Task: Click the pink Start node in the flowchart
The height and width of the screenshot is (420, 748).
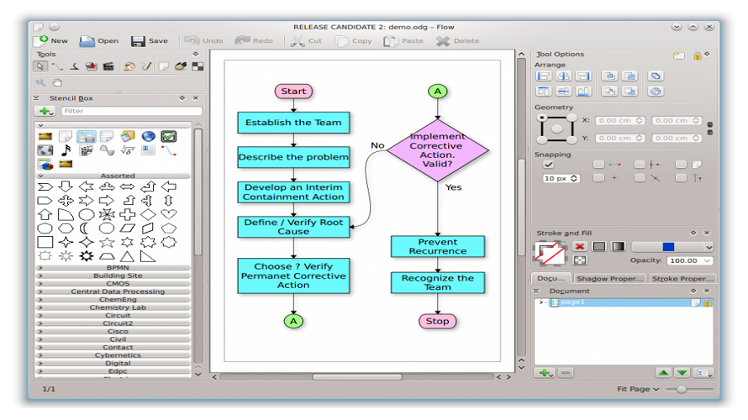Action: tap(293, 91)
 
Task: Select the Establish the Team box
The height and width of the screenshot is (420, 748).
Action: tap(293, 123)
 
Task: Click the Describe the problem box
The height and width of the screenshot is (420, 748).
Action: tap(293, 157)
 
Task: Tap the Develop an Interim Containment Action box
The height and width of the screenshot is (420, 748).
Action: tap(293, 192)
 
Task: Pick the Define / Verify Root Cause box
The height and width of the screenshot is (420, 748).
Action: tap(293, 227)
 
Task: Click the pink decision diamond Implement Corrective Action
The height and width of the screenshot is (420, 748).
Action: tap(437, 150)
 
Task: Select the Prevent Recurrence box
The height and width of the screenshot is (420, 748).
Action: tap(437, 246)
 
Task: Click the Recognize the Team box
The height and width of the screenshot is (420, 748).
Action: tap(437, 282)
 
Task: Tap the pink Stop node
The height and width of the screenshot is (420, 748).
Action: tap(437, 321)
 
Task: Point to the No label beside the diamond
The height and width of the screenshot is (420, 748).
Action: tap(377, 145)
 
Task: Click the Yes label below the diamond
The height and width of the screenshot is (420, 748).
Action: tap(453, 187)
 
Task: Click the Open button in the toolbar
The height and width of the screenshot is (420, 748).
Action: tap(99, 40)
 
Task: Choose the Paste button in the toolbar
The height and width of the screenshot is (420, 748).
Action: tap(404, 40)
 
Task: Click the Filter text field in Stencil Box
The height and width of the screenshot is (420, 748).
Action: tap(131, 111)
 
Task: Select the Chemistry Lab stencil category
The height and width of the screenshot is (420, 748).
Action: tap(118, 307)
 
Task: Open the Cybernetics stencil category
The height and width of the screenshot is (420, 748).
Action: tap(118, 355)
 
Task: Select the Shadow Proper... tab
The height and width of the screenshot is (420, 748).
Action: tap(609, 279)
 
